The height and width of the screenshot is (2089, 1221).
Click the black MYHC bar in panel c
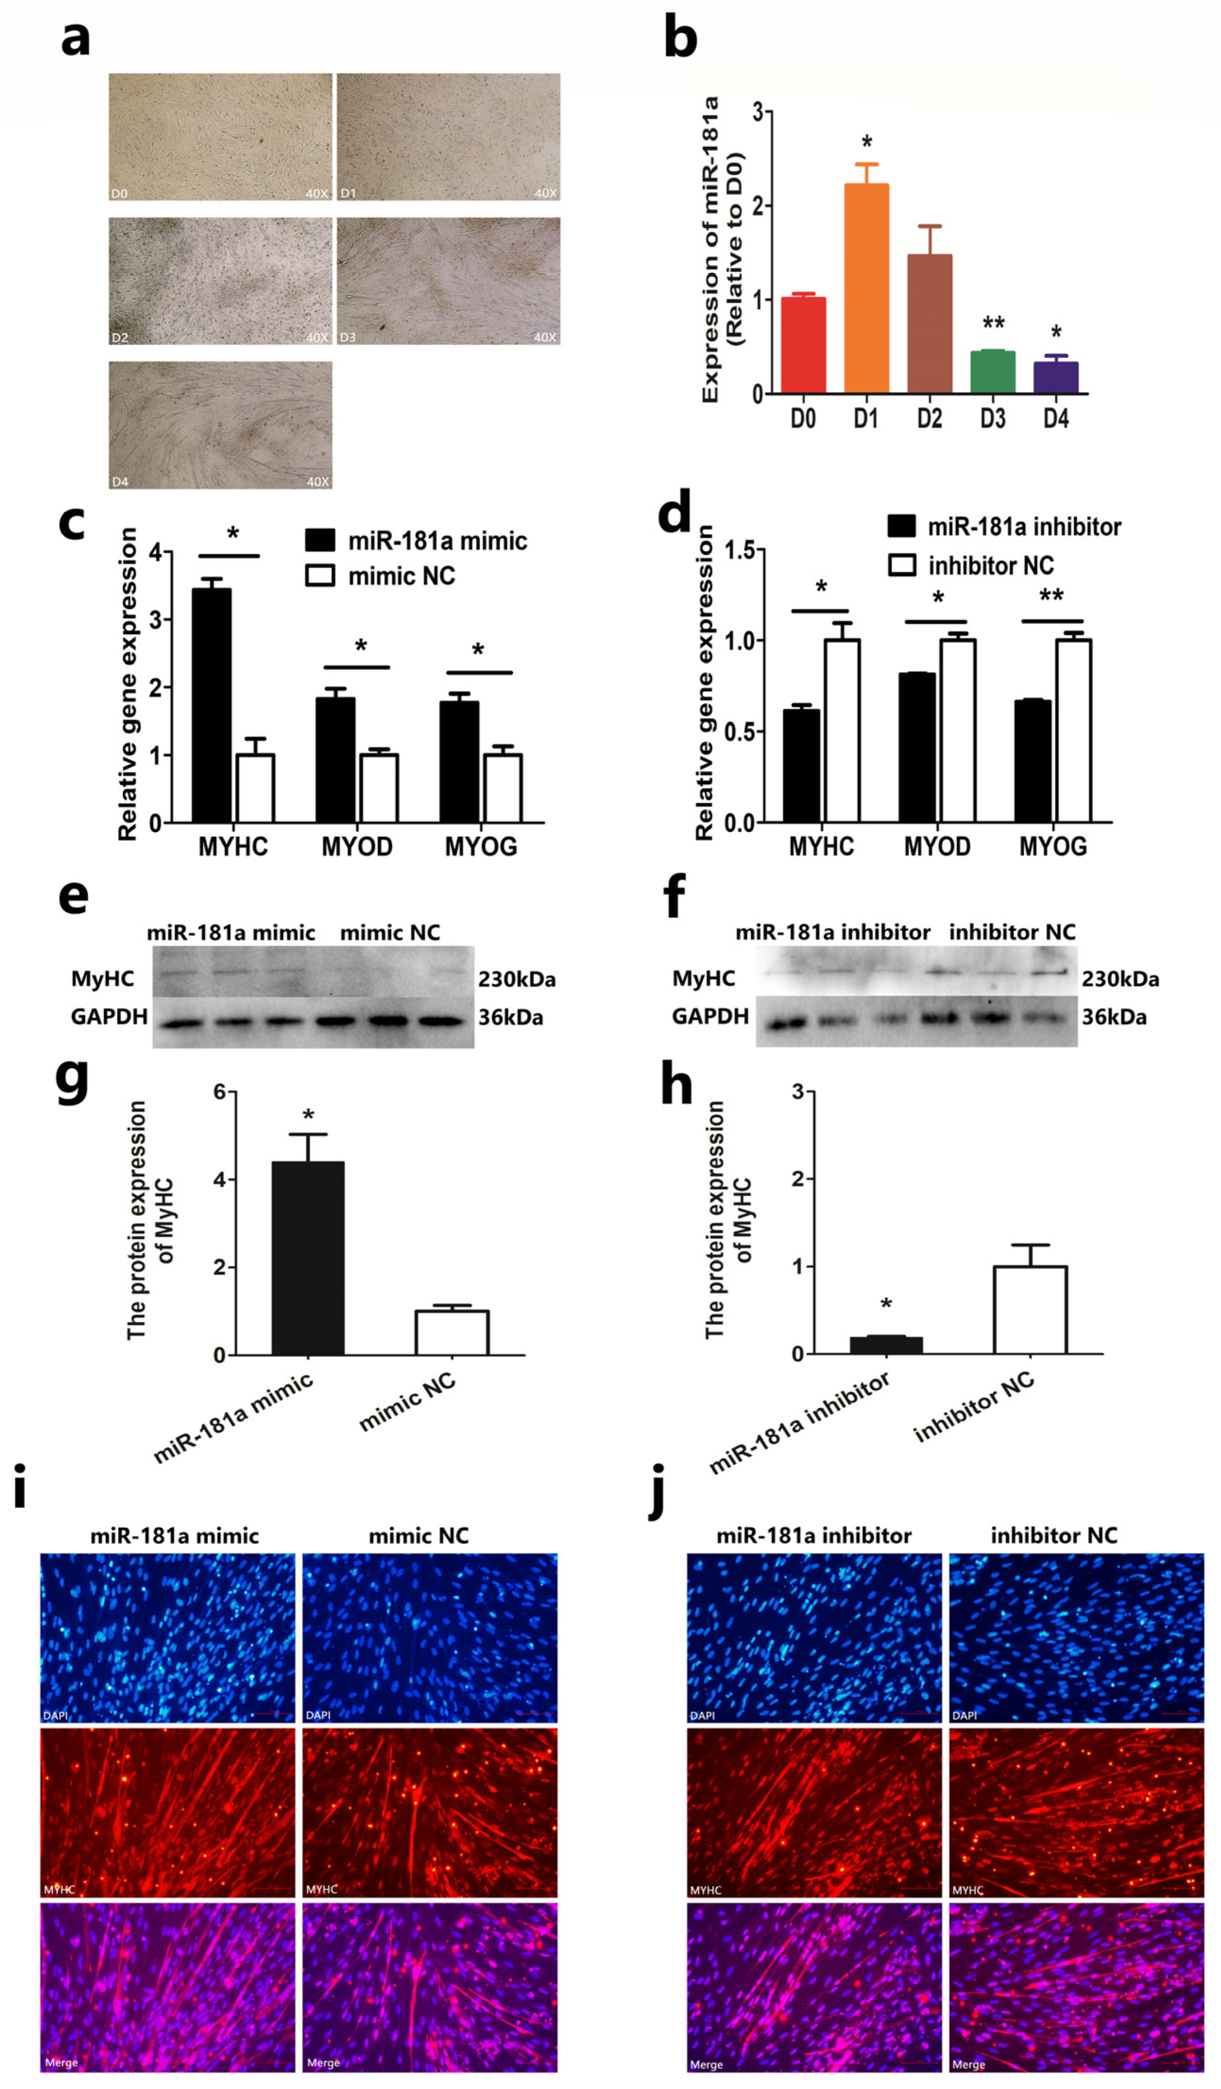211,705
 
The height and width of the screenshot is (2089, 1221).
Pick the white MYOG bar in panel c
502,787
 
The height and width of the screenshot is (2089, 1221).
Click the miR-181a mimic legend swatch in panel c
320,540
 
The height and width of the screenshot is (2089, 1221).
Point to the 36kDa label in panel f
1114,1017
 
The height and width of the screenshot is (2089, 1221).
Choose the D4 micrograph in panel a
220,424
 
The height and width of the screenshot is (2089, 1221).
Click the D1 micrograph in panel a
448,137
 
